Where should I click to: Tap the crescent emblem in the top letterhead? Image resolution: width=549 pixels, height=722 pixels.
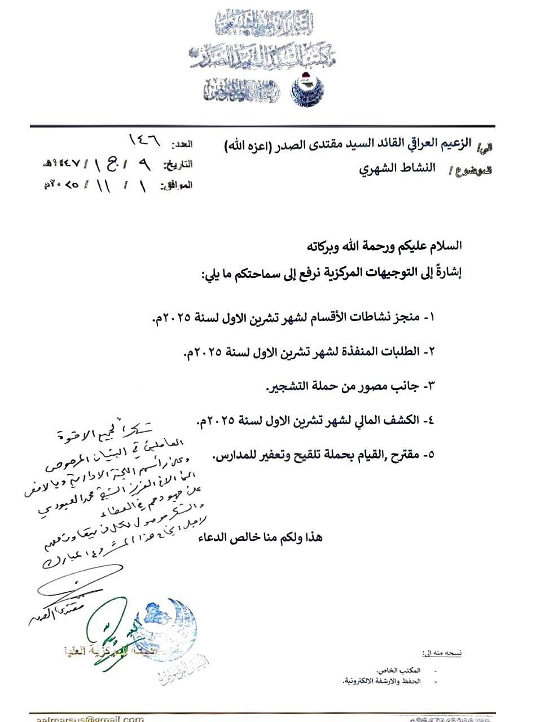[305, 90]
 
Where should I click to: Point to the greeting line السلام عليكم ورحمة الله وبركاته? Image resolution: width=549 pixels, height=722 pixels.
[384, 246]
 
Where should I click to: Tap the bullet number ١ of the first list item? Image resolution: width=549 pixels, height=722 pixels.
[432, 318]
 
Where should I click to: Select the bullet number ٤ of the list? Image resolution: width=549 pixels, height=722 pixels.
[432, 421]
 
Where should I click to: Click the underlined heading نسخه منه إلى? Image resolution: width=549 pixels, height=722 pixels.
[442, 653]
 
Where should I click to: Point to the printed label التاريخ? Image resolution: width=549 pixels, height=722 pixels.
[178, 165]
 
